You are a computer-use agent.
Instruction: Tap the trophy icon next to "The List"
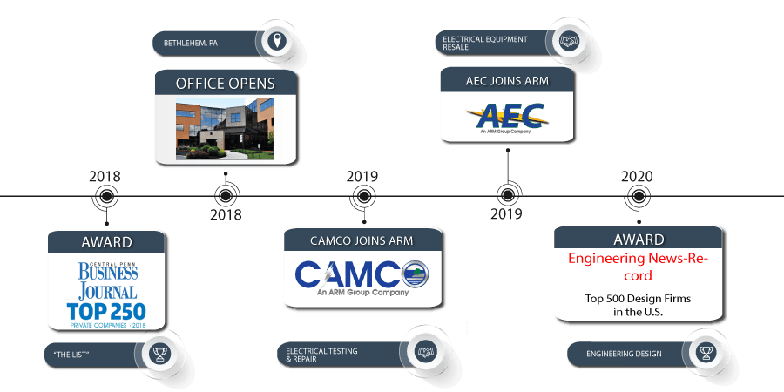[x=159, y=353]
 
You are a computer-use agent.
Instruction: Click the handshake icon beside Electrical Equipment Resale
[x=569, y=41]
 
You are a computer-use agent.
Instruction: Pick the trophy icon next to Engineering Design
[x=704, y=353]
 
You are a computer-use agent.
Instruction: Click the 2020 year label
[x=637, y=177]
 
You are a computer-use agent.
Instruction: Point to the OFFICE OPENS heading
[x=225, y=84]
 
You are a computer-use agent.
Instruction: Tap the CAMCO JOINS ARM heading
[x=362, y=240]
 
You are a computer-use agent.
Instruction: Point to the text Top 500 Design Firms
[x=637, y=299]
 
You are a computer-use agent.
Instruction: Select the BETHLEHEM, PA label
[x=192, y=42]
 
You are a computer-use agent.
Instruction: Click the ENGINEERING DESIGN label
[x=623, y=354]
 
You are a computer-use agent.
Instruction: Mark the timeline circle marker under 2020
[x=637, y=197]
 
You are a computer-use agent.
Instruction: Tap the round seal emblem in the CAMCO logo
[x=415, y=273]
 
